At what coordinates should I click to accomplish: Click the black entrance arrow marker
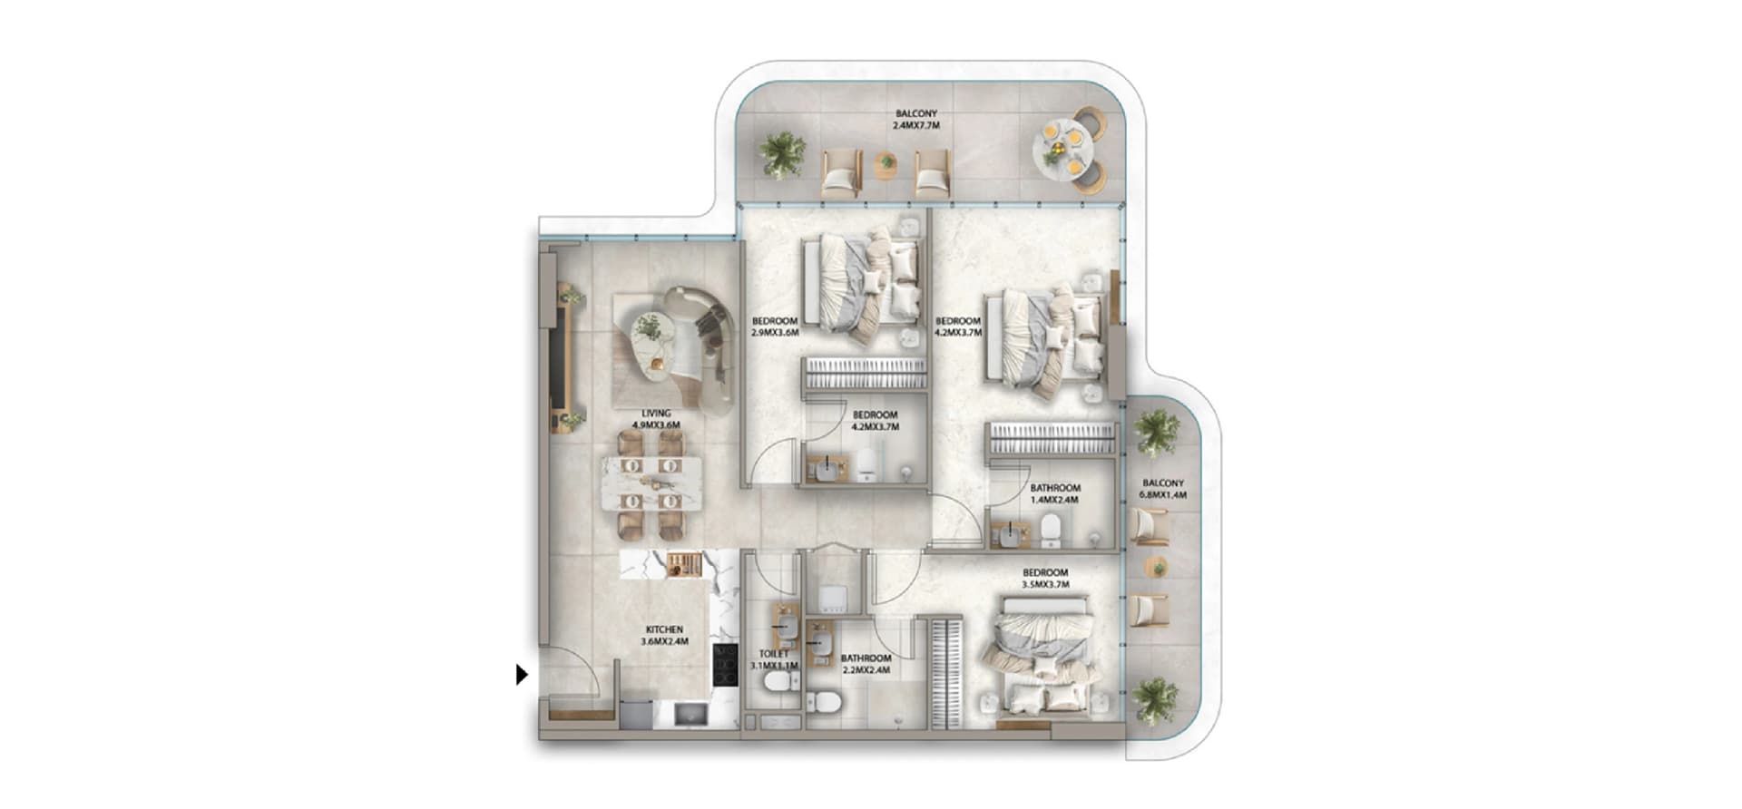click(522, 675)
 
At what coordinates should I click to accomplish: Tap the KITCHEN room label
click(664, 629)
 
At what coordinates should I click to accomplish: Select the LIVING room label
click(656, 414)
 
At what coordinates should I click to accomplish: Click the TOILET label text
click(774, 654)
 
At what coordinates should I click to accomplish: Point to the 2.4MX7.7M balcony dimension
click(916, 126)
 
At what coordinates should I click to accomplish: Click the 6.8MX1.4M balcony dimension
click(1163, 495)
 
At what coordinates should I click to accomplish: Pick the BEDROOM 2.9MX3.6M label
click(775, 327)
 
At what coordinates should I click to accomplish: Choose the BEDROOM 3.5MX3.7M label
click(1045, 579)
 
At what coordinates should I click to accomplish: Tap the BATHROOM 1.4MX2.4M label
click(1055, 493)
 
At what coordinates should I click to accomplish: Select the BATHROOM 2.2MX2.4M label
click(866, 664)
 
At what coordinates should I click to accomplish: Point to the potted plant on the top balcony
click(782, 153)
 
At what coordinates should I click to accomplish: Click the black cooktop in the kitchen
click(725, 665)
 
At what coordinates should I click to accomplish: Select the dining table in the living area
click(651, 484)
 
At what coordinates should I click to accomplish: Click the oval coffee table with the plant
click(652, 337)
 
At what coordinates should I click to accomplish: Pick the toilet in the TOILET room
click(778, 681)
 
